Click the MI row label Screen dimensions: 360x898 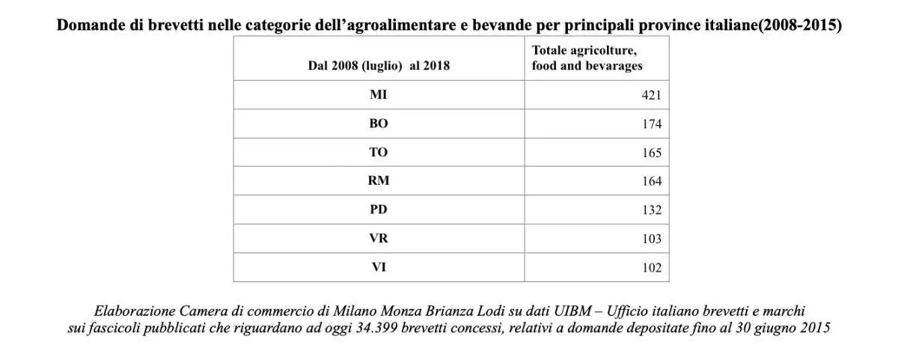coord(379,95)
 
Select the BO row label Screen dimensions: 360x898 coord(379,123)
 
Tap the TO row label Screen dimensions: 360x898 coord(379,152)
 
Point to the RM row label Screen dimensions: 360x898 coord(379,180)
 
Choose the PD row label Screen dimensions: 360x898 coord(379,210)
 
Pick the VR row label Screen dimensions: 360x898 coord(379,238)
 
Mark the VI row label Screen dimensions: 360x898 coord(379,266)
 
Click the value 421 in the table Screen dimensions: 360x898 coord(651,96)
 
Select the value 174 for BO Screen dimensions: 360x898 coord(651,124)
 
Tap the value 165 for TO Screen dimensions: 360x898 coord(651,153)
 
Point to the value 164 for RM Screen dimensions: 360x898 coord(651,181)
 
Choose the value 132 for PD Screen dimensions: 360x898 coord(651,210)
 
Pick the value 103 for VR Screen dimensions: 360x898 coord(651,239)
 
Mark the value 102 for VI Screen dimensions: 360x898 coord(651,268)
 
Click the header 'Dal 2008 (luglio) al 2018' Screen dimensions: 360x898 coord(379,65)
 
